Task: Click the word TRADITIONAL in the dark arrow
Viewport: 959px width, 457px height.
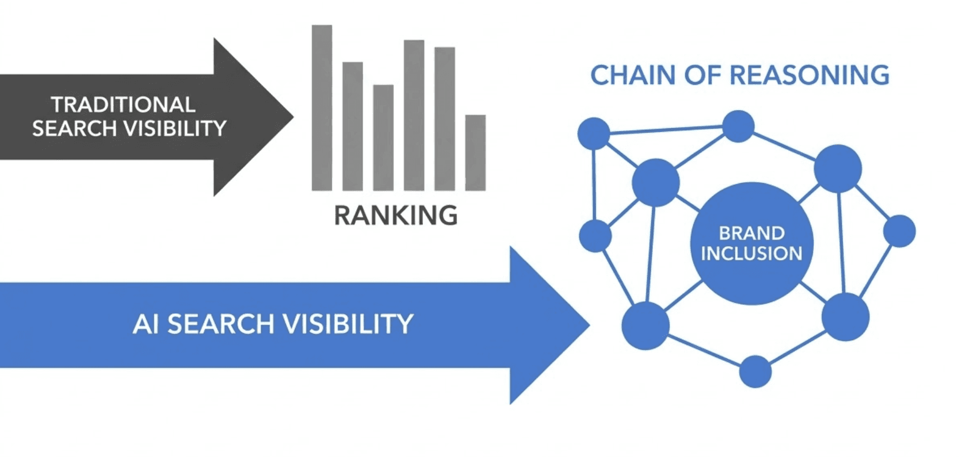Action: pos(123,105)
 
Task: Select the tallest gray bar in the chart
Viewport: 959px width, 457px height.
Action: pos(322,107)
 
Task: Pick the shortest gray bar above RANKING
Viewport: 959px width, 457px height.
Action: pos(475,153)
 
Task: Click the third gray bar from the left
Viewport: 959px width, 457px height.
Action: pos(383,137)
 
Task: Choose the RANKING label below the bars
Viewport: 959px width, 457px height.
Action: pos(396,216)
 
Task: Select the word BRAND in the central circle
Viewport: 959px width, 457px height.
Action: pos(752,233)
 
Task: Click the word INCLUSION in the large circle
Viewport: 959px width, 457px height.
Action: pos(752,254)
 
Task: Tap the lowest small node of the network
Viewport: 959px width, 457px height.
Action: pos(755,372)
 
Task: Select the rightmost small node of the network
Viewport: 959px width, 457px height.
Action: pos(899,231)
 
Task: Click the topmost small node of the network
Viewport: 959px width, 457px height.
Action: pos(738,127)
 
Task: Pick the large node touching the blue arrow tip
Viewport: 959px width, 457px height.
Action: pos(645,325)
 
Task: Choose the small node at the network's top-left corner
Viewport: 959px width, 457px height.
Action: pos(594,133)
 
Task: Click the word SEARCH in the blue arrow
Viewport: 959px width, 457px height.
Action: pos(221,324)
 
